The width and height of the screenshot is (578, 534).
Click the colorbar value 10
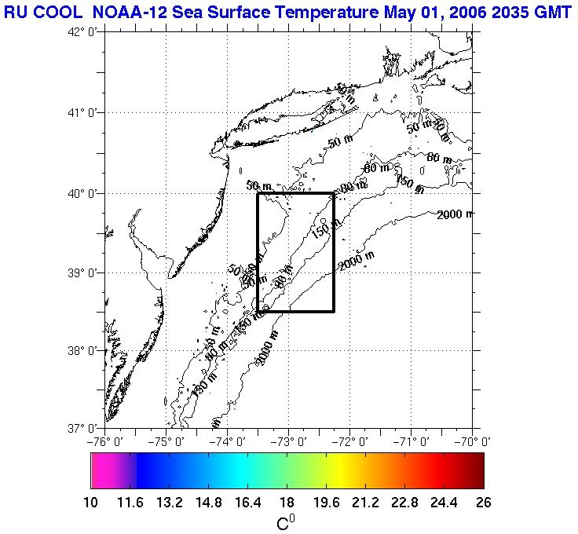click(91, 503)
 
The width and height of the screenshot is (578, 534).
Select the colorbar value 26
click(484, 503)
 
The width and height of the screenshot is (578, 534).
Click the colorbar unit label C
click(284, 522)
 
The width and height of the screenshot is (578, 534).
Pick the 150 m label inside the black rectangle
click(325, 230)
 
